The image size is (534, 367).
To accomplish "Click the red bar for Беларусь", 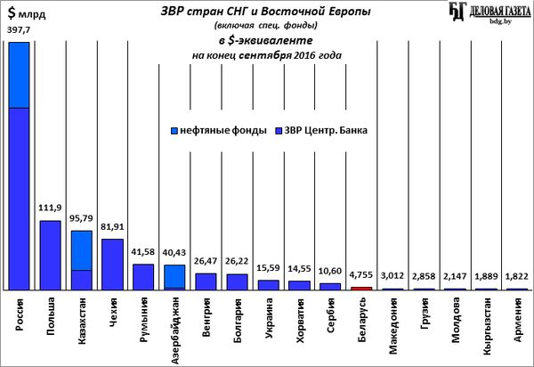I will click(361, 288).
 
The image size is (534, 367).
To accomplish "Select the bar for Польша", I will click(51, 255).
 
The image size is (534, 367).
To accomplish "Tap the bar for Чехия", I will click(112, 264).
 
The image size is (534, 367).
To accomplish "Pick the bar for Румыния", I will click(143, 276).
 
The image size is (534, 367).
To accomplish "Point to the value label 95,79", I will click(82, 218).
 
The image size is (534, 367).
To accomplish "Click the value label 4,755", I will click(361, 275).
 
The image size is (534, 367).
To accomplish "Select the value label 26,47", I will click(206, 262).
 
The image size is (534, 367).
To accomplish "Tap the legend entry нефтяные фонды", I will click(217, 130).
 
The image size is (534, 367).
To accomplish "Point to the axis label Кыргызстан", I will click(486, 326).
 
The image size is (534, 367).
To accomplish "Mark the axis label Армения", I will click(517, 319).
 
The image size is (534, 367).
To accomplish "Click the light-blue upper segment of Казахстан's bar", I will click(82, 249).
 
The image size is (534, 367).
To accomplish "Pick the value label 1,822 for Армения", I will click(516, 277).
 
